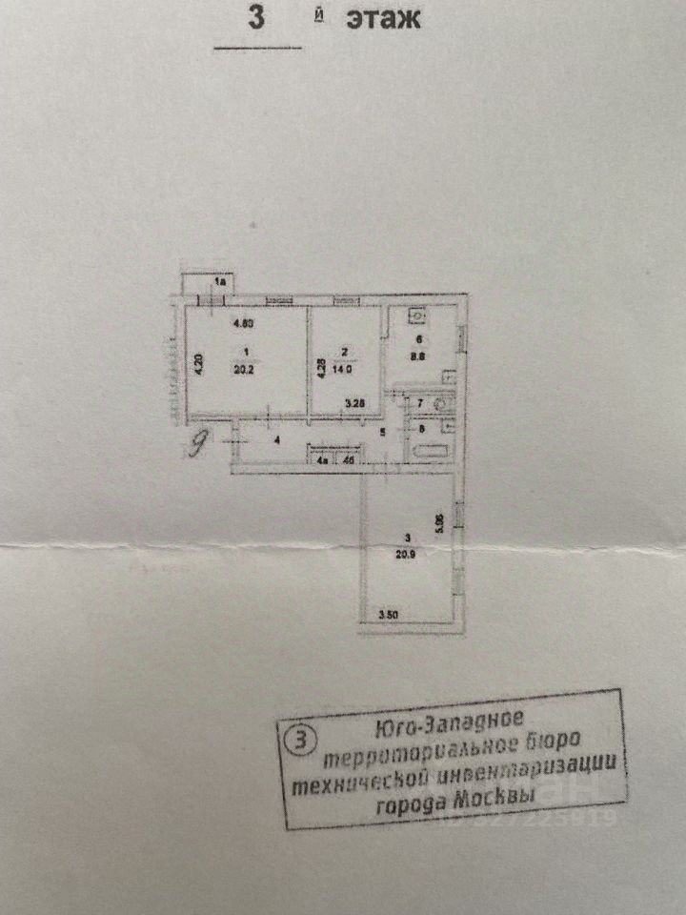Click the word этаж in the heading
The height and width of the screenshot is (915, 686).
(x=381, y=17)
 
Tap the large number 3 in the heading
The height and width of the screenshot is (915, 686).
(x=255, y=17)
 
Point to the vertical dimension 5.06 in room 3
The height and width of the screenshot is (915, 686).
(x=439, y=524)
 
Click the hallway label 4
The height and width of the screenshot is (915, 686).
(x=276, y=439)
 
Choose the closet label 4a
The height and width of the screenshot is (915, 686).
(x=323, y=460)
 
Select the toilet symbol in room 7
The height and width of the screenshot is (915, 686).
(x=440, y=404)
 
